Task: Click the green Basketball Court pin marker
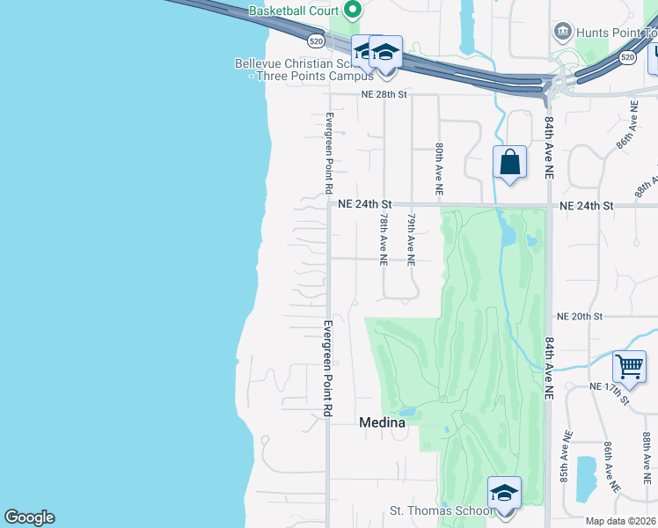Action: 354,11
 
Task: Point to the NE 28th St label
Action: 384,94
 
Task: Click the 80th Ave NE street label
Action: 437,170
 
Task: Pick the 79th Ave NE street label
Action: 410,237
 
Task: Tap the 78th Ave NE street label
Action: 384,237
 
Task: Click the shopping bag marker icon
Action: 509,163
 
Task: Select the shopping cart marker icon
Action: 629,366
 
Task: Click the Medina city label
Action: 383,422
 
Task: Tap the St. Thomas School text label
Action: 441,511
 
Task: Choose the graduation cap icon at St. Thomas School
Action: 504,493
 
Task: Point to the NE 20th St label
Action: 579,316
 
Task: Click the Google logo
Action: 29,517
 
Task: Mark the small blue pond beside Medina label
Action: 406,411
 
